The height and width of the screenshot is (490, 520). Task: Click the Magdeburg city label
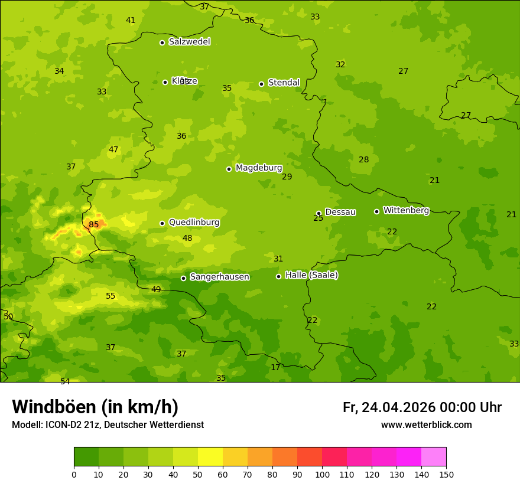tap(258, 168)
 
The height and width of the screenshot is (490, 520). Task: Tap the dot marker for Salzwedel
tap(162, 43)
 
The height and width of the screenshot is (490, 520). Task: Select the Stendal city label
tap(284, 83)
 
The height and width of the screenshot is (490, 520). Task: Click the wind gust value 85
tap(94, 224)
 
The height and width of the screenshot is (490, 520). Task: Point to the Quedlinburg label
tap(194, 223)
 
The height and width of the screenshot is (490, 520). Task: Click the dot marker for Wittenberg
tap(376, 211)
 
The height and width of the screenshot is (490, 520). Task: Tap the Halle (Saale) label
tap(311, 275)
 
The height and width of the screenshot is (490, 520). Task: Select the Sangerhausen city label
tap(219, 277)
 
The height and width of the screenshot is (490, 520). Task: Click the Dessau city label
tap(340, 212)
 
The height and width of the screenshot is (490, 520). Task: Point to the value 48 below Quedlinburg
tap(187, 239)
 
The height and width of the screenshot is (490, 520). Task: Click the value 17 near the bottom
tap(275, 367)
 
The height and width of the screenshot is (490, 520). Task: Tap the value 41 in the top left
tap(131, 20)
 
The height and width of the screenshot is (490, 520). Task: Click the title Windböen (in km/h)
tap(95, 407)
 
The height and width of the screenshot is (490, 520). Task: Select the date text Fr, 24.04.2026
tap(389, 407)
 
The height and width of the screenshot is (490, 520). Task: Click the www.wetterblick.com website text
tap(426, 425)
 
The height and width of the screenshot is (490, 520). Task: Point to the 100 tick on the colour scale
tap(322, 474)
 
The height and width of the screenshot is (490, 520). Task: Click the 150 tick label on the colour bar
tap(446, 474)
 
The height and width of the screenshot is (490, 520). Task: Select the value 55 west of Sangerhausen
tap(110, 296)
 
